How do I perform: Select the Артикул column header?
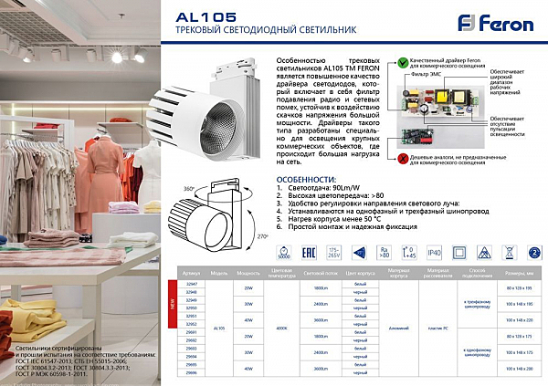pyautogui.click(x=191, y=272)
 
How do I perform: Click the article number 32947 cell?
pyautogui.click(x=191, y=284)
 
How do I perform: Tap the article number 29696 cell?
pyautogui.click(x=191, y=374)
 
